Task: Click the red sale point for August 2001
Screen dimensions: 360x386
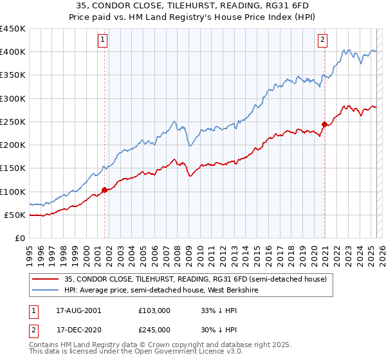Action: click(104, 190)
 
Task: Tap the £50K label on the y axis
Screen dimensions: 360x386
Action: click(15, 215)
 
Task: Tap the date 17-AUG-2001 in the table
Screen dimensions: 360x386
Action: click(78, 310)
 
